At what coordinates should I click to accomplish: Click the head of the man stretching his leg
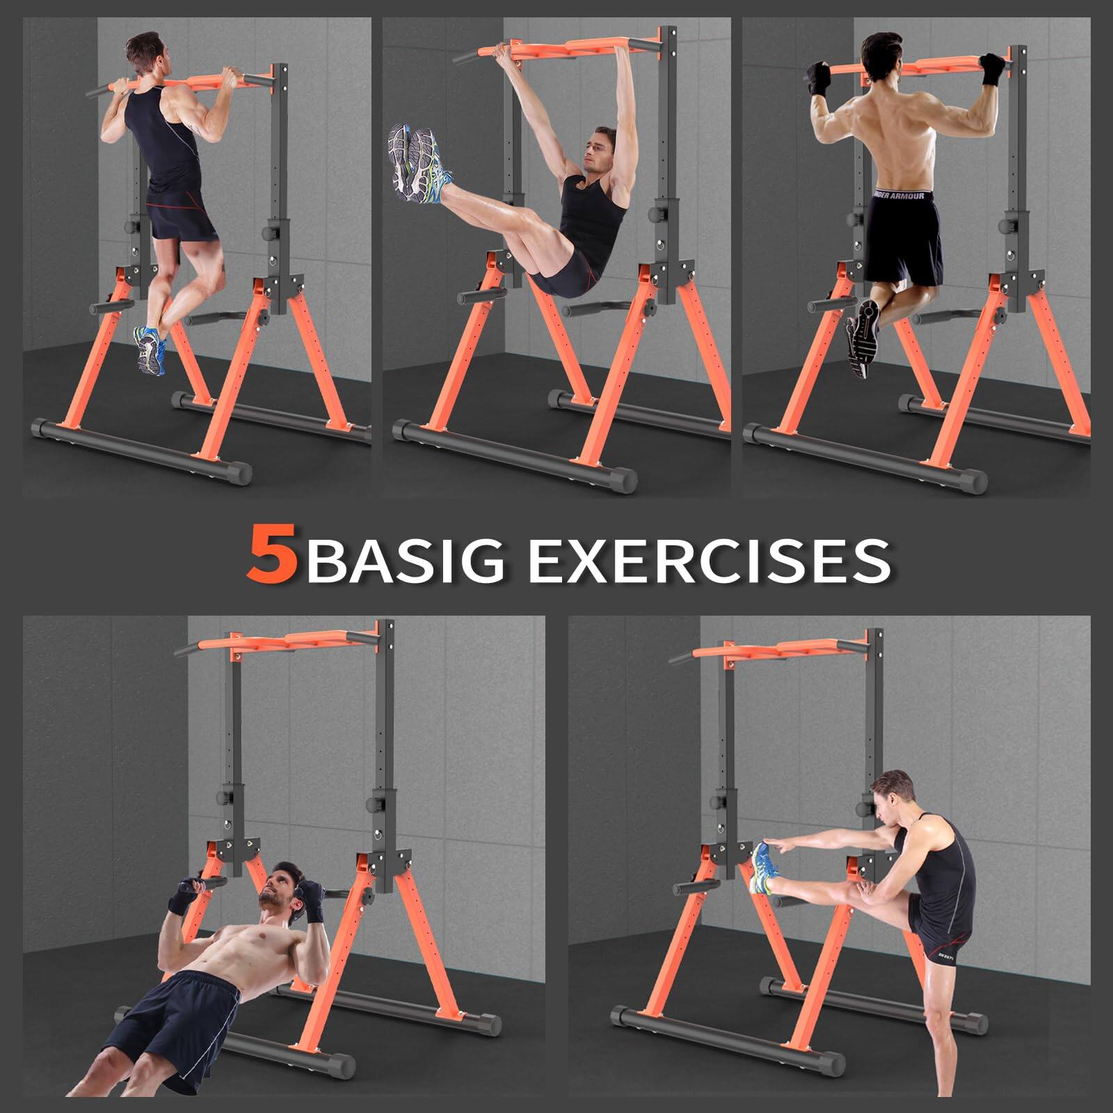[x=892, y=795]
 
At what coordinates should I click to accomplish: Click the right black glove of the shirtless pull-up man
[x=991, y=70]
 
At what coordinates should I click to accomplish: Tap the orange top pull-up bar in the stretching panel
[x=765, y=650]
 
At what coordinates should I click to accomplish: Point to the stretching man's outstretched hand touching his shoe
[x=780, y=848]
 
